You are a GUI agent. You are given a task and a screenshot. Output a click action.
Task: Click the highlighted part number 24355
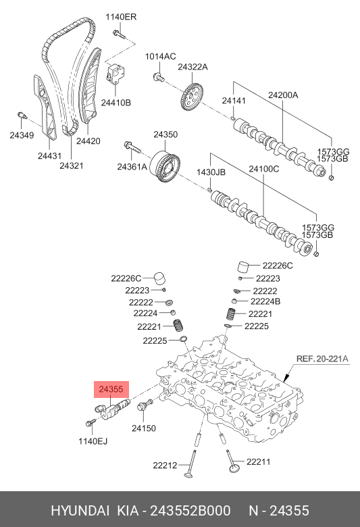pos(111,389)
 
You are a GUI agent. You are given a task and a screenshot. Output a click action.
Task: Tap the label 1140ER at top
pos(120,17)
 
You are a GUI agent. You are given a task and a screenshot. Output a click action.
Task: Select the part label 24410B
pos(115,102)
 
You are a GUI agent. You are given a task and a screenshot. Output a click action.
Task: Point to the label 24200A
pos(282,95)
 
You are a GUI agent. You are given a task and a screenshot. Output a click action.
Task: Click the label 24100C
pos(263,169)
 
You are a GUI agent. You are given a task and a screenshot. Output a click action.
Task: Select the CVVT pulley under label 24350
pos(165,164)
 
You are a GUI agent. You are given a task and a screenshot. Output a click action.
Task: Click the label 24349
pos(21,136)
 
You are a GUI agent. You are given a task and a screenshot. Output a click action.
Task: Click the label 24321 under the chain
pos(72,165)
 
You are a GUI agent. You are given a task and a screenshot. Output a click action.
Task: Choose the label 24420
pos(88,141)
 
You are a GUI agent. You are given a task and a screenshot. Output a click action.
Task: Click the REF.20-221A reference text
pos(322,359)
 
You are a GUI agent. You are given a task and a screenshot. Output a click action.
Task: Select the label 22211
pos(259,462)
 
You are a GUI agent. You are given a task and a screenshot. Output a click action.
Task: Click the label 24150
pos(143,428)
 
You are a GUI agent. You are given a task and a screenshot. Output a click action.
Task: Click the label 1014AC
pos(161,56)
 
